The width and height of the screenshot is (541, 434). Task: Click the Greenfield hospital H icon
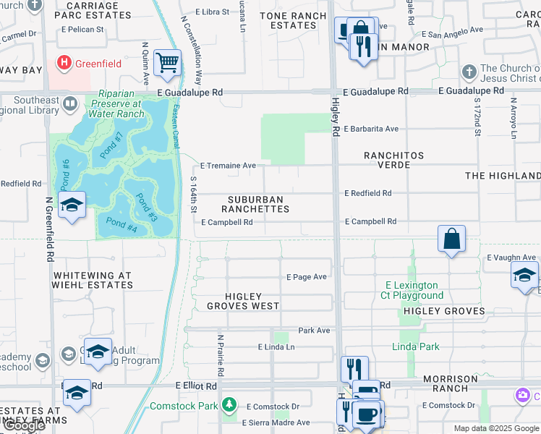65,63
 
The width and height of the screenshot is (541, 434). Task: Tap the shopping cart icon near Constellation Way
167,63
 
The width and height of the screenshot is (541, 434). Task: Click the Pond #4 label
122,224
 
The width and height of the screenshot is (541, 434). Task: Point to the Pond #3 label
147,208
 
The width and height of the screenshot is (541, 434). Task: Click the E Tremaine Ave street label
228,166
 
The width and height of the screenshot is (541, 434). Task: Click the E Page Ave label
307,277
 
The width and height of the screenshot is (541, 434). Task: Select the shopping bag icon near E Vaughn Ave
451,239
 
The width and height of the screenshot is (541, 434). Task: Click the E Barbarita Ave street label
371,129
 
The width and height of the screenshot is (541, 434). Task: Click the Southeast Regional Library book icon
70,103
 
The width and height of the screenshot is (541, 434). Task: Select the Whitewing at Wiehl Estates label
93,280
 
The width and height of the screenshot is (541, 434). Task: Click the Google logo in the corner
23,425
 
